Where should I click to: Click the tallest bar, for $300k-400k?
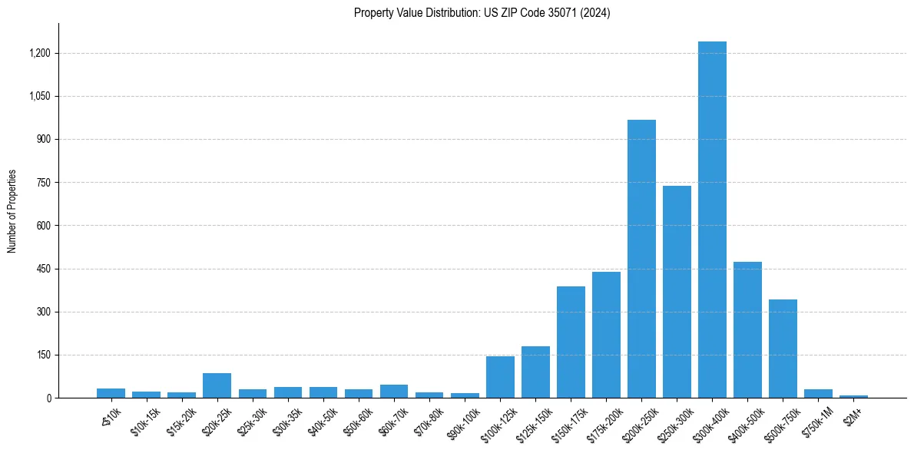point(712,223)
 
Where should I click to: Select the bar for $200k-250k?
point(641,261)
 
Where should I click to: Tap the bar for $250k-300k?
point(677,292)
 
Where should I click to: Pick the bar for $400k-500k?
point(747,330)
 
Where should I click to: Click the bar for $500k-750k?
point(783,349)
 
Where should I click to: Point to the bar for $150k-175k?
point(571,342)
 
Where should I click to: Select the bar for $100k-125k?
point(500,377)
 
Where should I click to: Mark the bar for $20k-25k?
point(217,385)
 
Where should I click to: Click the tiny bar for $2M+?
point(853,396)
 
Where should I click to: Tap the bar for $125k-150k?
point(535,372)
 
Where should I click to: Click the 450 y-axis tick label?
point(43,269)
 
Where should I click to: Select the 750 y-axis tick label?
point(43,183)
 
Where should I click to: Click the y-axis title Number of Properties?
point(12,211)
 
